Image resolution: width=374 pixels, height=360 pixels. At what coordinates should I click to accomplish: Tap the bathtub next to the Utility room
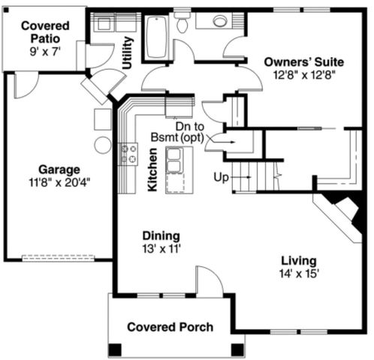tap(157, 36)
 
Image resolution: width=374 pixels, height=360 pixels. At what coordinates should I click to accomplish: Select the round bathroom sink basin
tap(220, 20)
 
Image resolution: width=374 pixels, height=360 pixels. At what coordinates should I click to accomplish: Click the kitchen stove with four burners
tap(128, 154)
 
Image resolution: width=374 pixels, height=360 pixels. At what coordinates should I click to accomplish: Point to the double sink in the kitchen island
tap(174, 160)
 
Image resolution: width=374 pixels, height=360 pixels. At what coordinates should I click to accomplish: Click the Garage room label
tap(59, 169)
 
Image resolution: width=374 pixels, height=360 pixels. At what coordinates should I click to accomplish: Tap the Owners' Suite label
tap(304, 62)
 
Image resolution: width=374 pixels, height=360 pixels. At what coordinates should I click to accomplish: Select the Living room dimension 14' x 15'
tap(299, 274)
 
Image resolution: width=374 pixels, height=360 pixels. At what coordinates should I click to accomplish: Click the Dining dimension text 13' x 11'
tap(161, 249)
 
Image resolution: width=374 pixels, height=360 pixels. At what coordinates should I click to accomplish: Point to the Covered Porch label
tap(170, 327)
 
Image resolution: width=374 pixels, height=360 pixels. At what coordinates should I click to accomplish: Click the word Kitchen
tap(152, 169)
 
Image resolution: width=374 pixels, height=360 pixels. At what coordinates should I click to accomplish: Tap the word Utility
tap(127, 52)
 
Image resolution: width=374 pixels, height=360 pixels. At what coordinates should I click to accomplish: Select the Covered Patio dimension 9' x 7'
tap(45, 52)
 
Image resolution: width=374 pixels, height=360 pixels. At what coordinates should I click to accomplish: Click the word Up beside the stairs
tap(221, 178)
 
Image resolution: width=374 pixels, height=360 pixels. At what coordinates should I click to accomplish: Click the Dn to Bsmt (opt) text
tap(177, 132)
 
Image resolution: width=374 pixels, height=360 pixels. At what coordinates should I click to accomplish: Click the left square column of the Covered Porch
tap(115, 349)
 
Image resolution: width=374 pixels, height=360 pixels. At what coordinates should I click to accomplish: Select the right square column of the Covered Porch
tap(237, 349)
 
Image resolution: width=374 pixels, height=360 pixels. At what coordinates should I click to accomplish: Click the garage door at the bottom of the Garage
tap(59, 258)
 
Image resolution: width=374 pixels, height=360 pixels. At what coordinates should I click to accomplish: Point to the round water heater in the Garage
tap(103, 145)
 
